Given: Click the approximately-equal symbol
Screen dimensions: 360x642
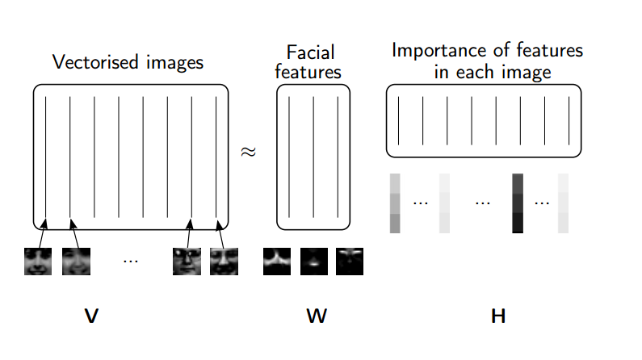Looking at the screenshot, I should [x=250, y=151].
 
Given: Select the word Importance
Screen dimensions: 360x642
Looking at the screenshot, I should [x=434, y=51].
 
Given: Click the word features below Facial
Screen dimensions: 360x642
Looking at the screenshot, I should [x=308, y=73].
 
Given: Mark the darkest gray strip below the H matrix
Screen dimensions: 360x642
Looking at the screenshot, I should [x=518, y=203].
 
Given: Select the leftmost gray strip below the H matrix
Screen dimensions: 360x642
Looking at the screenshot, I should [x=395, y=203].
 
